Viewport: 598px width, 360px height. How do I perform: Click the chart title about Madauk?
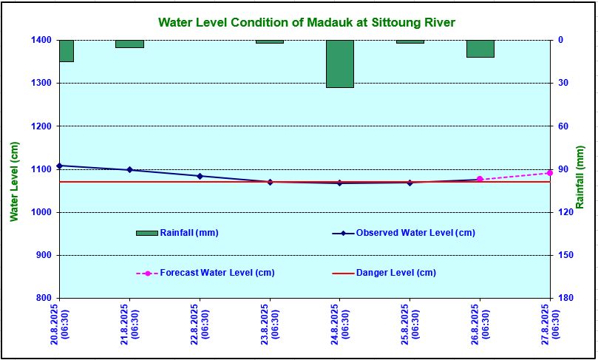tap(306, 23)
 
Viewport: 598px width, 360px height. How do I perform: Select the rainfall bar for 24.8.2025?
tap(340, 64)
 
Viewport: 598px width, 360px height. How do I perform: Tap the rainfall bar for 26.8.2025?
tap(480, 49)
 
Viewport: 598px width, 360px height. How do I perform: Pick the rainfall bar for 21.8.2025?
tap(129, 44)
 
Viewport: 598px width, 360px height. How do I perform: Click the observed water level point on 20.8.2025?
tap(59, 166)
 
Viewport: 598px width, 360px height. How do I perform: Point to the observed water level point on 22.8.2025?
tap(200, 176)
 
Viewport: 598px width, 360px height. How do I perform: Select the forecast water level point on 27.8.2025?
tap(550, 173)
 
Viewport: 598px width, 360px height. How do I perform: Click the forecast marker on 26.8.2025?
tap(480, 179)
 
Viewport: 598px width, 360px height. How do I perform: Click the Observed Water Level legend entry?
tap(415, 233)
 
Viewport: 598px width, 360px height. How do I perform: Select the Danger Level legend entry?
tap(395, 273)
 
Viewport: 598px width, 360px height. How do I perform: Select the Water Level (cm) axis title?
tap(14, 181)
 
